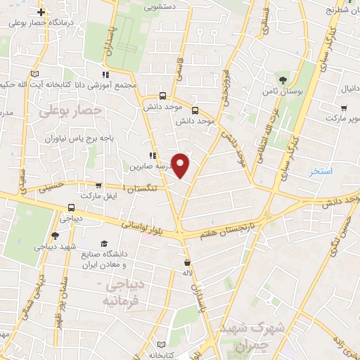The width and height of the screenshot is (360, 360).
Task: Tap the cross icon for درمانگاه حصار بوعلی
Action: click(x=41, y=12)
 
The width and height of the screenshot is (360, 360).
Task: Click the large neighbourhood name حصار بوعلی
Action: click(x=70, y=110)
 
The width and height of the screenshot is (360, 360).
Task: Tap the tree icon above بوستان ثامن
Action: click(x=283, y=79)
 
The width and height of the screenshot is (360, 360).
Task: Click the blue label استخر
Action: click(x=321, y=172)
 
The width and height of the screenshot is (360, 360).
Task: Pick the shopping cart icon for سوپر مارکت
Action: click(x=344, y=108)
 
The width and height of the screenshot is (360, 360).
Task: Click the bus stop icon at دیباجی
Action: click(x=71, y=208)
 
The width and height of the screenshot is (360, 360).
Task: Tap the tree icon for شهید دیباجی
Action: click(x=56, y=236)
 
